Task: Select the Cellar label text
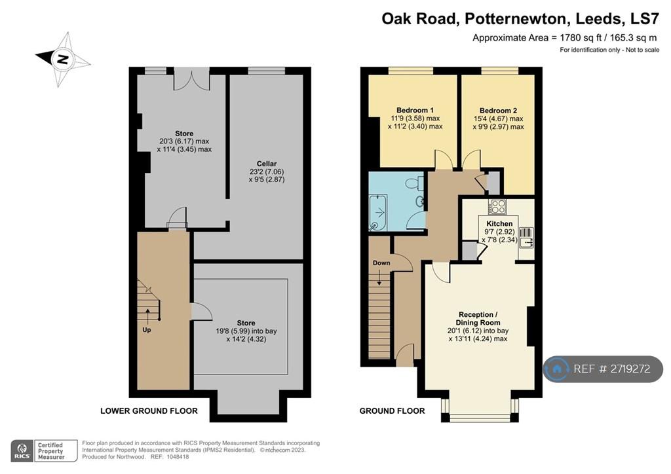[267, 164]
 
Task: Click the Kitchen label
[499, 223]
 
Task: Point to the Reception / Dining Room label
[478, 318]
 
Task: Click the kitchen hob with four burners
[498, 207]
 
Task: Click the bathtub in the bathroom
[378, 212]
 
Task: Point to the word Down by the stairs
[381, 263]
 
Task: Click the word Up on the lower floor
[147, 330]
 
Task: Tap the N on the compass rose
[63, 59]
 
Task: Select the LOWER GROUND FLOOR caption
[149, 410]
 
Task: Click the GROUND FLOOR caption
[392, 410]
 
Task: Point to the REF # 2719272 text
[611, 369]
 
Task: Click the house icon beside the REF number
[557, 369]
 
